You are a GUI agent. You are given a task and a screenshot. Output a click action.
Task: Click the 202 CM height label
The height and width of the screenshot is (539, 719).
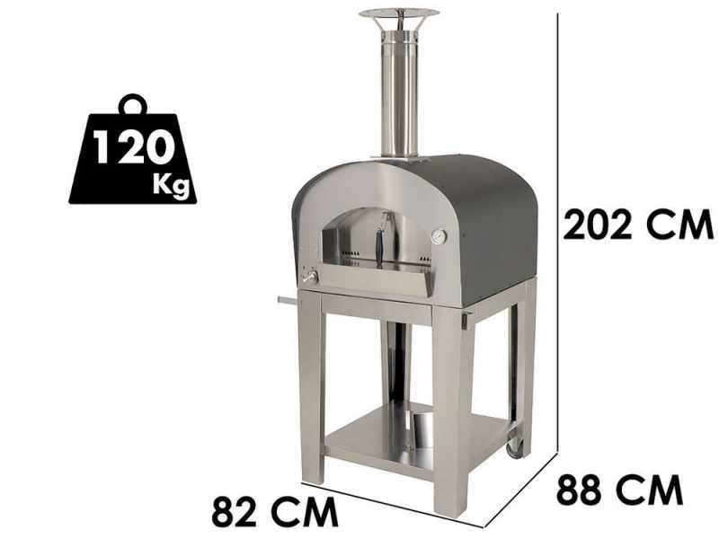tap(638, 224)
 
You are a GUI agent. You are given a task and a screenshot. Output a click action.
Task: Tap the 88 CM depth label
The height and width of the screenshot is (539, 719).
tap(619, 490)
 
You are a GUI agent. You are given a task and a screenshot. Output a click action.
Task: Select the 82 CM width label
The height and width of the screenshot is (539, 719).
tap(275, 511)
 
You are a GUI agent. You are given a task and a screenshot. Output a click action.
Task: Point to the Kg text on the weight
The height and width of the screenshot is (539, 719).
tap(171, 185)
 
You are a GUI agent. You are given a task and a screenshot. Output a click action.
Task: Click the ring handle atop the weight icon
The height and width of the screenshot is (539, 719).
tap(133, 103)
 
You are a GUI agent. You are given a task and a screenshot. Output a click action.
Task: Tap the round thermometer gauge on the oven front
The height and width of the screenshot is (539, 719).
tap(439, 236)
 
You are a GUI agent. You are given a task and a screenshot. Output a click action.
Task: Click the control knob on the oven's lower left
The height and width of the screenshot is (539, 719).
tap(309, 278)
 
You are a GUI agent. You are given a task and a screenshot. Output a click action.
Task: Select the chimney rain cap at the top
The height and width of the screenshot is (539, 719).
tap(399, 13)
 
